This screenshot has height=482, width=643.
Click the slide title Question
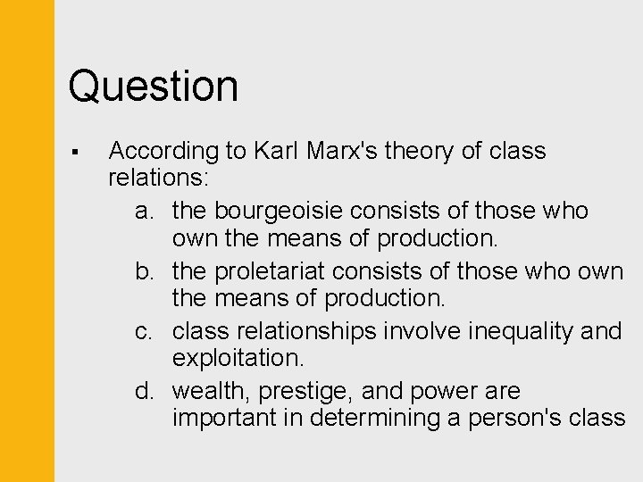154,87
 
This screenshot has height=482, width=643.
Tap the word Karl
277,151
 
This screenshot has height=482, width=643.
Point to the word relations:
158,179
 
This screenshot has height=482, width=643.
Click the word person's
502,419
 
